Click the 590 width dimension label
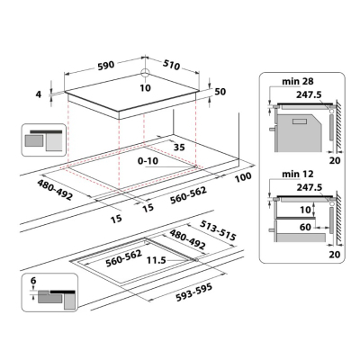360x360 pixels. [105, 65]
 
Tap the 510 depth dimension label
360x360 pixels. [172, 65]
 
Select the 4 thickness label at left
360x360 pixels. [39, 94]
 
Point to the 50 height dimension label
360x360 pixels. [220, 92]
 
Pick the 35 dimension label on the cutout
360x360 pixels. [179, 148]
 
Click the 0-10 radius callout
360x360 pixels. [148, 161]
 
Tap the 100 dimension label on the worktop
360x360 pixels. [243, 177]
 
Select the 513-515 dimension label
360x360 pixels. [219, 230]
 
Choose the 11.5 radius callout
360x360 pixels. [156, 260]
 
